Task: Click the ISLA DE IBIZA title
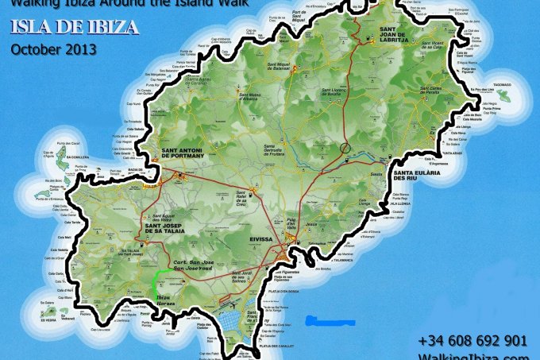tap(75, 27)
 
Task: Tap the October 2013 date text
tap(54, 48)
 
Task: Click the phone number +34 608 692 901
tap(472, 340)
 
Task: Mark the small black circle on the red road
tap(345, 147)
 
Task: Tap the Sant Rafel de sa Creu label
tap(247, 195)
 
